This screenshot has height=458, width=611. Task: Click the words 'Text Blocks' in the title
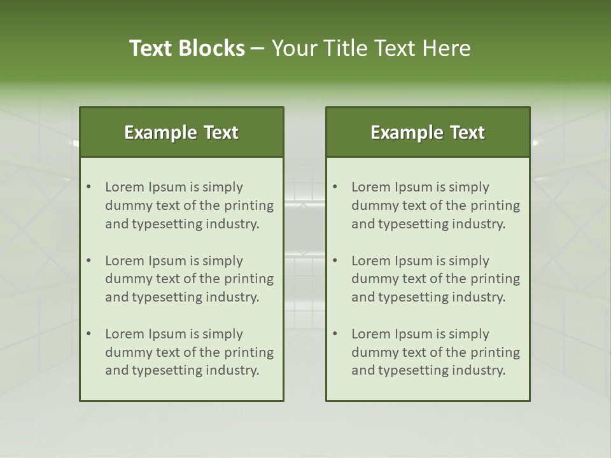pos(187,48)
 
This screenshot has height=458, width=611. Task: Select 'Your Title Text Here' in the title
pos(371,48)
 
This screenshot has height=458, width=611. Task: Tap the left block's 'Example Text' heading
pos(181,132)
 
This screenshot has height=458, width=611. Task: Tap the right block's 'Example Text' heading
pos(428,132)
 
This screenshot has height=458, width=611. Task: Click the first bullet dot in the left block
pos(89,187)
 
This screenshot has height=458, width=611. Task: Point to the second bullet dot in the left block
pos(89,261)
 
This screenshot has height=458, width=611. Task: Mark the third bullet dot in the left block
pos(89,334)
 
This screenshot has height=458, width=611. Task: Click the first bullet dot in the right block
pos(335,187)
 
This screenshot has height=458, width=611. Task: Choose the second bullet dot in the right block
pos(335,261)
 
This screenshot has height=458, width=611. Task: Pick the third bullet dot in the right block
pos(335,334)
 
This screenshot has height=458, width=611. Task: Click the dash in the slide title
pos(258,49)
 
